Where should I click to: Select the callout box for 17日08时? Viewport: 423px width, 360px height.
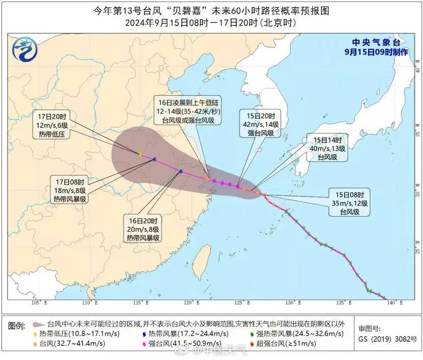coord(70,189)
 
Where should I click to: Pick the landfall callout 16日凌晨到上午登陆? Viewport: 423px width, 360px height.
coord(188,112)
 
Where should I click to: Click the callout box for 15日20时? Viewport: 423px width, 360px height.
coord(260,124)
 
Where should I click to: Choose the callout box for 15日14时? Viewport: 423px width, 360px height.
coord(326,148)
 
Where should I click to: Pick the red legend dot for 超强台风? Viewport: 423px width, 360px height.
coord(252,344)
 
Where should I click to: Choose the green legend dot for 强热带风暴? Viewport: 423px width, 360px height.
coord(253,334)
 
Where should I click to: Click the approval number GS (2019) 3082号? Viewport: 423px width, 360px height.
coord(387,338)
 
